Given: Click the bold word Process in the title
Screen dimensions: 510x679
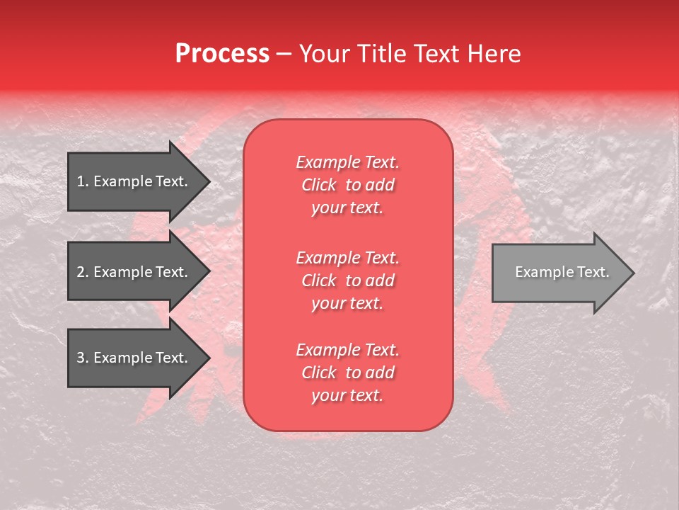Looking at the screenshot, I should (222, 54).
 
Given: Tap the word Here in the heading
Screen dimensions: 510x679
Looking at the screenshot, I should (493, 54).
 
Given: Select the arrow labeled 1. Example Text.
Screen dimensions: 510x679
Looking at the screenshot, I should (134, 181).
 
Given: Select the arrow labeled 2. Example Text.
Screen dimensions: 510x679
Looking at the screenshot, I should (134, 272).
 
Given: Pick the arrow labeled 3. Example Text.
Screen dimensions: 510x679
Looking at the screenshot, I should (134, 358).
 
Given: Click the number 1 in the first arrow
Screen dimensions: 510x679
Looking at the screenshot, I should (81, 181).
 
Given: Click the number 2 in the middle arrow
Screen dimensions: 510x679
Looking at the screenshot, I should (81, 272).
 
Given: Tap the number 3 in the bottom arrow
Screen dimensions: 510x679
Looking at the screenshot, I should (81, 358).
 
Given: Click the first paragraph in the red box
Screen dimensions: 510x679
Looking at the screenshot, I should (347, 185).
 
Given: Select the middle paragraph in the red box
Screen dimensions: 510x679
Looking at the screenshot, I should (347, 280).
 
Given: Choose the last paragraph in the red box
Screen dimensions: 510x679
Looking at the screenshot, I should (347, 373).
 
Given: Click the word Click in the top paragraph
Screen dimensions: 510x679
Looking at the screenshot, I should (319, 185).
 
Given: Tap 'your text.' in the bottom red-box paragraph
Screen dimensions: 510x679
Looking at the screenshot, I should (347, 395).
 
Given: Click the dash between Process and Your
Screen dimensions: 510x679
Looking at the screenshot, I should (284, 54).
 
